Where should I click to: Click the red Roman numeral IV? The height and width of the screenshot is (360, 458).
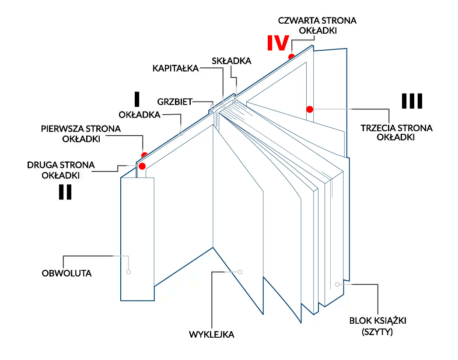coord(278,43)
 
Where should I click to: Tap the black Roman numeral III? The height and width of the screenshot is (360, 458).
coord(412,101)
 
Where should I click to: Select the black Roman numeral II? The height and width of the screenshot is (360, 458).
coord(65,192)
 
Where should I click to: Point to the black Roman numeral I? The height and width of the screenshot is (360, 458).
coord(137,99)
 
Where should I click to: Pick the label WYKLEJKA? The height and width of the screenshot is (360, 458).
coord(212,335)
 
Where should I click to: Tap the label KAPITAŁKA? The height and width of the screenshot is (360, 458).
coord(175,68)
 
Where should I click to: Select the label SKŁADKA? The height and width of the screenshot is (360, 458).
coord(231,61)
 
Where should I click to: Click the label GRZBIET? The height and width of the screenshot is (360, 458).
coord(175,102)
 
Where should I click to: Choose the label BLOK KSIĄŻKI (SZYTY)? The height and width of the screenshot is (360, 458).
coord(378,326)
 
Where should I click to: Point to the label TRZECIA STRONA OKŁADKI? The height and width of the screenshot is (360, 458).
coord(396,133)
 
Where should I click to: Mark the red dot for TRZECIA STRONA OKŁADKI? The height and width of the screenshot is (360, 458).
coord(310,108)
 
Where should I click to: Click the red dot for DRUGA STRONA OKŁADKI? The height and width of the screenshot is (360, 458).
coord(142,166)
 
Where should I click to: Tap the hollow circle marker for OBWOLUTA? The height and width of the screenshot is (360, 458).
coord(129,272)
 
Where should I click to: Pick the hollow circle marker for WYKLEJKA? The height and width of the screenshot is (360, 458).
coord(240,272)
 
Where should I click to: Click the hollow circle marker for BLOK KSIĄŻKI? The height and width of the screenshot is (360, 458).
coord(337,284)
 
